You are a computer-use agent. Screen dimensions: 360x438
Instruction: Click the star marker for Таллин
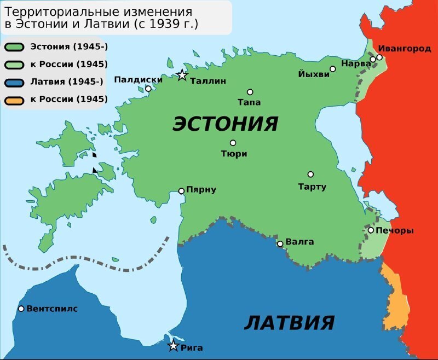tap(182, 76)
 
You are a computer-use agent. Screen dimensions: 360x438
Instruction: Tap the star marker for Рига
tap(174, 346)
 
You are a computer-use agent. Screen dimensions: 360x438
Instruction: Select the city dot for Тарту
tap(310, 175)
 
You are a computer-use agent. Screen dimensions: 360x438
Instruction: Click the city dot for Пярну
tap(182, 191)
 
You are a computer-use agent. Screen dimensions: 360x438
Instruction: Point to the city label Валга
tap(300, 242)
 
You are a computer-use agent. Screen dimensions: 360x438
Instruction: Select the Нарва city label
tap(356, 63)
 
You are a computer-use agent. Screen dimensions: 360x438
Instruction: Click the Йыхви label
tap(314, 74)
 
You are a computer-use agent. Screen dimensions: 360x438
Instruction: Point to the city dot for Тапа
tap(250, 92)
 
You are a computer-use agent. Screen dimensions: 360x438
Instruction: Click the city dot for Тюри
tap(233, 143)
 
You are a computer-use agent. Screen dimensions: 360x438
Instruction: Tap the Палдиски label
tap(138, 79)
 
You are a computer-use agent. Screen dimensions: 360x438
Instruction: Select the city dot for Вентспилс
tap(21, 309)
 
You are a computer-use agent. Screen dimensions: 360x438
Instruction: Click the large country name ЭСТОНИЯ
tap(226, 124)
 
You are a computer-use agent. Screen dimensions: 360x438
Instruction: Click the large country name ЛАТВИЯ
tap(289, 322)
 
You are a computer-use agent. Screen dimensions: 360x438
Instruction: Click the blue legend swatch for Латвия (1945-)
tap(15, 82)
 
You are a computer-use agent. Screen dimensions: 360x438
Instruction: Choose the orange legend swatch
tap(15, 100)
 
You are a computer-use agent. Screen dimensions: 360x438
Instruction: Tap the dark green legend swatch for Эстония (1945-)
tap(15, 47)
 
